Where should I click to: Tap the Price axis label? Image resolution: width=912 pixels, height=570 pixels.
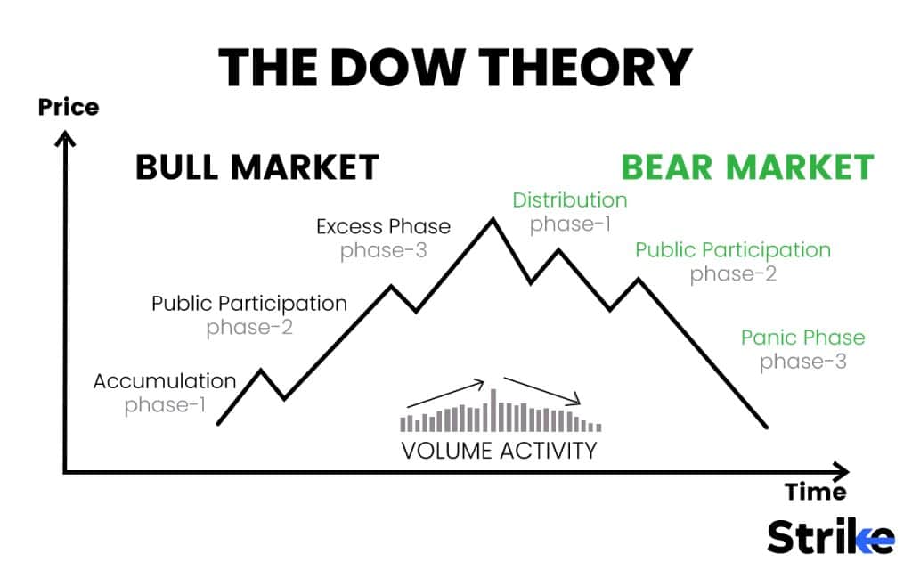pyautogui.click(x=68, y=108)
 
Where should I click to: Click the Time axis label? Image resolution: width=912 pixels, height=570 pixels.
pyautogui.click(x=815, y=492)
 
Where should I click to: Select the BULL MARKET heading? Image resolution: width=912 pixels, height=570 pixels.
pyautogui.click(x=256, y=167)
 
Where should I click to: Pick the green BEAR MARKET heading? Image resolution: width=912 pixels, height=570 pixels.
pyautogui.click(x=746, y=167)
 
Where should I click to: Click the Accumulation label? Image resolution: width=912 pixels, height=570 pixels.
pyautogui.click(x=165, y=382)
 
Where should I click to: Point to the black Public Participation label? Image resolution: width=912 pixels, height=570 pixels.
pyautogui.click(x=249, y=303)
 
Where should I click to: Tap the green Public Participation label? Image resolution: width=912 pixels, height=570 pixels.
pyautogui.click(x=732, y=250)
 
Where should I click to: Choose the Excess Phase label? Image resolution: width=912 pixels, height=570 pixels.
pyautogui.click(x=383, y=226)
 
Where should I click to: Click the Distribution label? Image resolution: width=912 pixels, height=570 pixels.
pyautogui.click(x=570, y=200)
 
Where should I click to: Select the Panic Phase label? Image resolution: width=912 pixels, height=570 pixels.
pyautogui.click(x=802, y=338)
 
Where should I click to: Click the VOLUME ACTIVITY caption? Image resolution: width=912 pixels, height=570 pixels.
pyautogui.click(x=499, y=451)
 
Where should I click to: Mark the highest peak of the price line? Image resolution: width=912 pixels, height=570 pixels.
pyautogui.click(x=493, y=219)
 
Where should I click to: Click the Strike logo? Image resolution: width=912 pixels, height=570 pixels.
pyautogui.click(x=830, y=537)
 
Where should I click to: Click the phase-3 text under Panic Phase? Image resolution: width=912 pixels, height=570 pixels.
pyautogui.click(x=802, y=362)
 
